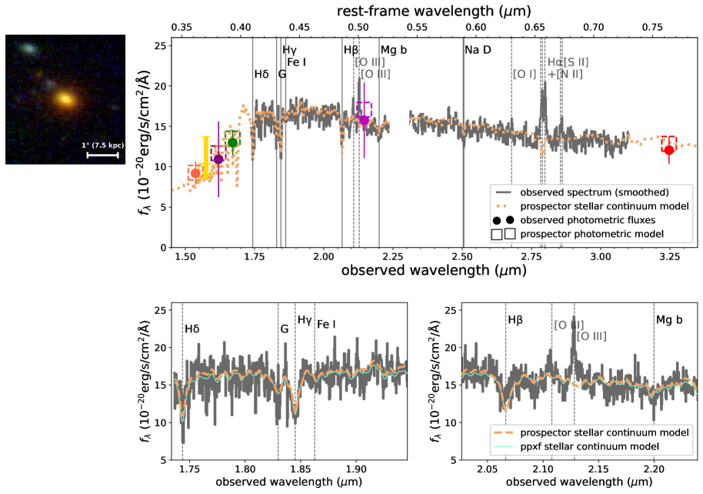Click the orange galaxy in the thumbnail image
coord(65,99)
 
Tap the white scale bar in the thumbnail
coord(102,155)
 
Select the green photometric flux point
coord(232,142)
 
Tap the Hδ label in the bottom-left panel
coord(192,329)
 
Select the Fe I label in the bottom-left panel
coord(327,323)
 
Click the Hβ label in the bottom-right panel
coord(516,319)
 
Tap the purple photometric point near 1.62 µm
coord(218,159)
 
